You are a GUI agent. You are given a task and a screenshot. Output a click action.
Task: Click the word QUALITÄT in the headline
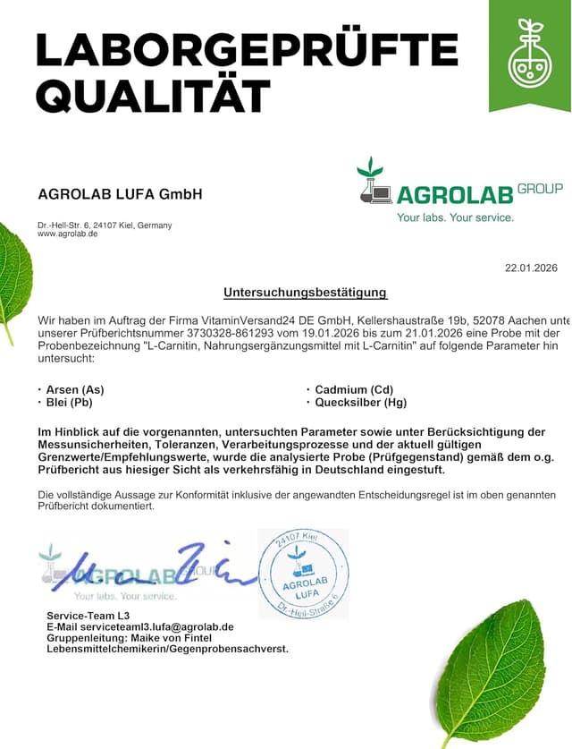click(154, 95)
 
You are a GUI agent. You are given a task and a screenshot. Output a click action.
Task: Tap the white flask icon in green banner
click(530, 55)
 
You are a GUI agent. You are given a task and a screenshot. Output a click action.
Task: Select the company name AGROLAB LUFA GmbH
click(121, 194)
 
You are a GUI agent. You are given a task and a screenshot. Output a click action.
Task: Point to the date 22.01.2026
click(531, 268)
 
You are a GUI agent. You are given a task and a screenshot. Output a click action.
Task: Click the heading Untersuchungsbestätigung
click(306, 293)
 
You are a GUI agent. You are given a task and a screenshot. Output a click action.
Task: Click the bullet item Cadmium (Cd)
click(353, 390)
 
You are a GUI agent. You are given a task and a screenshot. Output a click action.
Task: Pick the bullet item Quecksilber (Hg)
click(360, 403)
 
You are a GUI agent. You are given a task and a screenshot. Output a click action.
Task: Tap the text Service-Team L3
click(88, 616)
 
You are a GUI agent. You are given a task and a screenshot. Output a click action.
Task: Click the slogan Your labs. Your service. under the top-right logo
click(456, 217)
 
